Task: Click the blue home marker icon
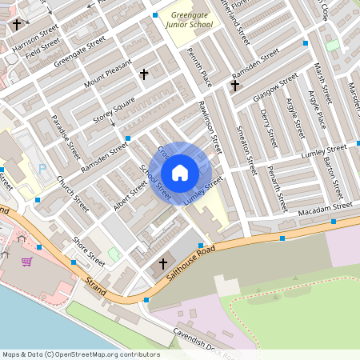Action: tap(180, 172)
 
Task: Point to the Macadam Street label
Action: tap(321, 207)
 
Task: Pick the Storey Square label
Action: tap(114, 110)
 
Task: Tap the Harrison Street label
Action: tap(36, 37)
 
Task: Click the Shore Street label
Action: tap(89, 251)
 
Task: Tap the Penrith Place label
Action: tap(199, 66)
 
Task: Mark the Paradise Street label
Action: tap(65, 137)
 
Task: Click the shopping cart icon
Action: tap(26, 262)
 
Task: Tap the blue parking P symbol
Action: tap(42, 169)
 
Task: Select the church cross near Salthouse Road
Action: tap(163, 263)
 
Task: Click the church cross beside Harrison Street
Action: tap(16, 25)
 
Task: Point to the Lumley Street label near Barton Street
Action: tap(323, 150)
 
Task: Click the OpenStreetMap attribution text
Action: tap(81, 354)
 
